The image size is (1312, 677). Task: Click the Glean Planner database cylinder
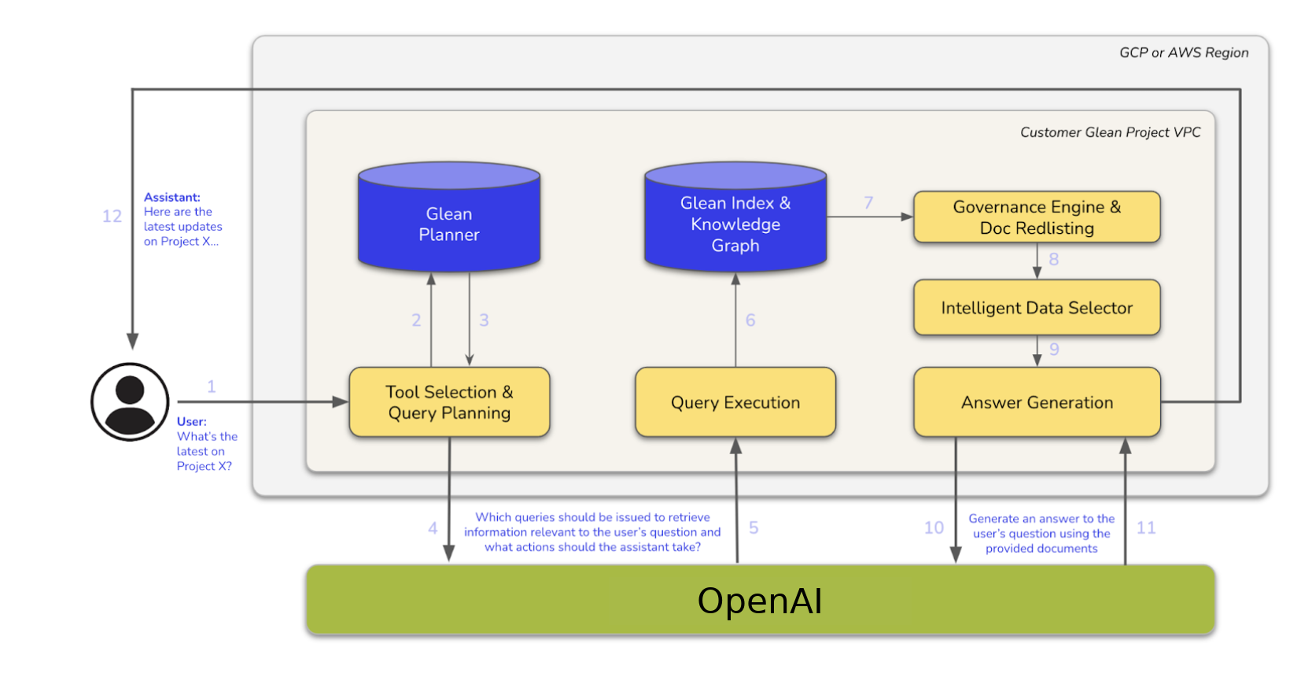tap(448, 224)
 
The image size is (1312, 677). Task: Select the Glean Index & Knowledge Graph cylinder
tap(735, 224)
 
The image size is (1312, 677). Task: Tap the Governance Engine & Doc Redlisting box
tap(1036, 217)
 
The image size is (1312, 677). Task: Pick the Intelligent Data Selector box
tap(1036, 308)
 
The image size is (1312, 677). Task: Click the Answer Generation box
tap(1036, 402)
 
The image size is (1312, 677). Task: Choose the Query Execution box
tap(735, 402)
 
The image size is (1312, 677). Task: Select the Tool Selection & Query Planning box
tap(449, 402)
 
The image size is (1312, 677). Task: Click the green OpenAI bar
tap(760, 601)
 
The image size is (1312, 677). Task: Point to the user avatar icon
tap(130, 401)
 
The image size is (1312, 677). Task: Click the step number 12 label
tap(112, 216)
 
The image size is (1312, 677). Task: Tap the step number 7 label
tap(868, 202)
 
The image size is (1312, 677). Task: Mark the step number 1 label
tap(211, 386)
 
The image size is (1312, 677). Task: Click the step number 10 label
tap(934, 527)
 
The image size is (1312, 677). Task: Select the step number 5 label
tap(754, 527)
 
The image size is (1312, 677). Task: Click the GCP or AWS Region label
tap(1183, 53)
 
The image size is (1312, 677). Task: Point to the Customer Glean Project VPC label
tap(1110, 132)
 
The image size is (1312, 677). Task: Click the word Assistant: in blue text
tap(171, 197)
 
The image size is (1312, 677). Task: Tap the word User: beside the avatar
tap(191, 421)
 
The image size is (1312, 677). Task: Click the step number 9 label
tap(1054, 349)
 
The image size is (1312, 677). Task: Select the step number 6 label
tap(750, 320)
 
